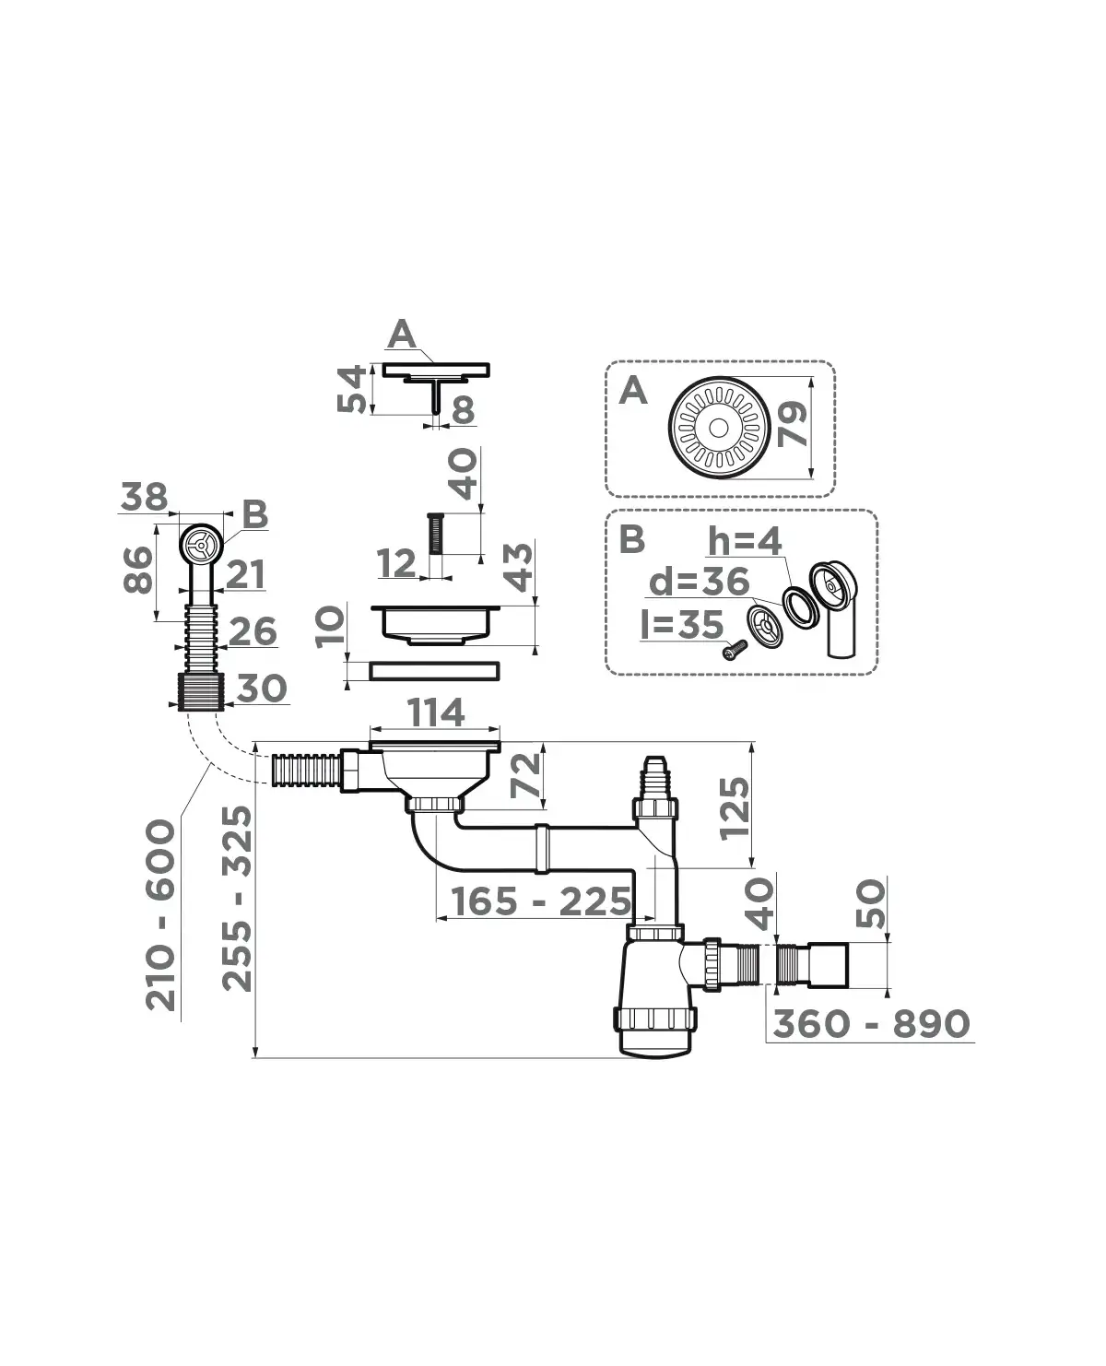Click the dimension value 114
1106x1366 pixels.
click(x=436, y=713)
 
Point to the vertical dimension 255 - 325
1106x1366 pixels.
click(x=238, y=899)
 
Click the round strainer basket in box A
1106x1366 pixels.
click(x=717, y=427)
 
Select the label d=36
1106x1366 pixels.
click(x=699, y=583)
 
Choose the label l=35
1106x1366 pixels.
click(x=682, y=624)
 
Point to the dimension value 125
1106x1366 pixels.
click(x=735, y=808)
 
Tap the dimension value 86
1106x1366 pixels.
click(x=138, y=571)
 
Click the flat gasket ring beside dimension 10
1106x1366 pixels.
click(x=434, y=671)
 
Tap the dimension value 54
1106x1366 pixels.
click(x=352, y=389)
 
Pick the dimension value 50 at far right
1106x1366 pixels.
click(x=871, y=903)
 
